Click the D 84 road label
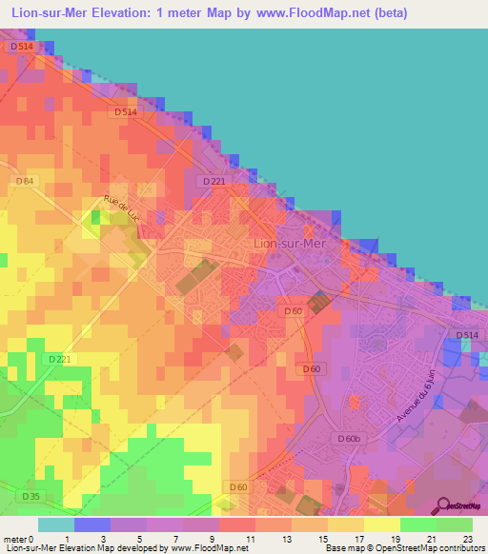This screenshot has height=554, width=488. (x=25, y=180)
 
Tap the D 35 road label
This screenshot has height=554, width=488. (x=31, y=496)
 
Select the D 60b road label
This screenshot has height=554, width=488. (x=350, y=438)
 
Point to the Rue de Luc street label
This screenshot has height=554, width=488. (x=122, y=209)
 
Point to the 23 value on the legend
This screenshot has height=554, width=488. (x=472, y=539)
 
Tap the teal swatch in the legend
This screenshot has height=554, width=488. (x=56, y=524)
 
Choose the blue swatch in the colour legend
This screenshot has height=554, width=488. (x=92, y=524)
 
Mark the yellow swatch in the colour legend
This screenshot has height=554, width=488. (x=382, y=524)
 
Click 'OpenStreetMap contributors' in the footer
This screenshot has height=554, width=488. (x=432, y=548)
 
